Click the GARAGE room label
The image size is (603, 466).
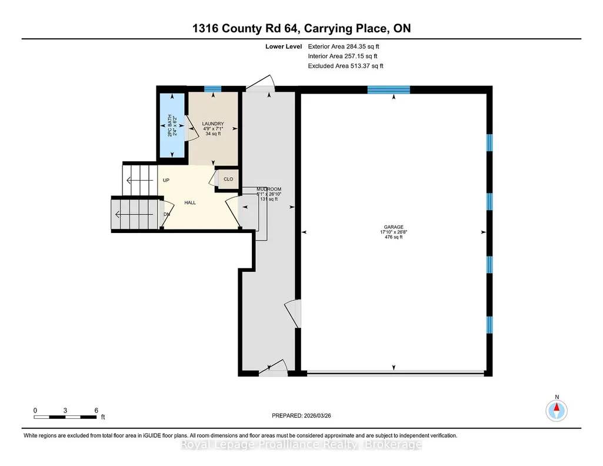pyautogui.click(x=394, y=227)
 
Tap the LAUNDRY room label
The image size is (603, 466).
pyautogui.click(x=213, y=124)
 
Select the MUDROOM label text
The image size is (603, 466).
pyautogui.click(x=269, y=189)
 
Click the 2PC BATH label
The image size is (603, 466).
pyautogui.click(x=169, y=126)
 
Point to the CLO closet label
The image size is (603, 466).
pyautogui.click(x=228, y=179)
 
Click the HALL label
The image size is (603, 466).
pyautogui.click(x=190, y=202)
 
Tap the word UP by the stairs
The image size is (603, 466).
pyautogui.click(x=166, y=180)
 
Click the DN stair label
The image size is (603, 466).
pyautogui.click(x=167, y=215)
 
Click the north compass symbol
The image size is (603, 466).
pyautogui.click(x=557, y=411)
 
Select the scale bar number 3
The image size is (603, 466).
pyautogui.click(x=65, y=411)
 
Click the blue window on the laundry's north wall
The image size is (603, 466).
pyautogui.click(x=212, y=89)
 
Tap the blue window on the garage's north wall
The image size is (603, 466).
pyautogui.click(x=388, y=90)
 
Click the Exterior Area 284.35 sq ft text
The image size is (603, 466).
pyautogui.click(x=344, y=46)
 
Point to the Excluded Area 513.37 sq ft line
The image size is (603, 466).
pyautogui.click(x=345, y=66)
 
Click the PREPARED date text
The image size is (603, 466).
pyautogui.click(x=301, y=415)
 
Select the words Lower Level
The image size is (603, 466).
pyautogui.click(x=284, y=46)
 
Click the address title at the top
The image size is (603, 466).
pyautogui.click(x=301, y=28)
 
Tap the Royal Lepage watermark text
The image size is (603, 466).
pyautogui.click(x=301, y=445)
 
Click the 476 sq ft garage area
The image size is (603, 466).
pyautogui.click(x=394, y=237)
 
